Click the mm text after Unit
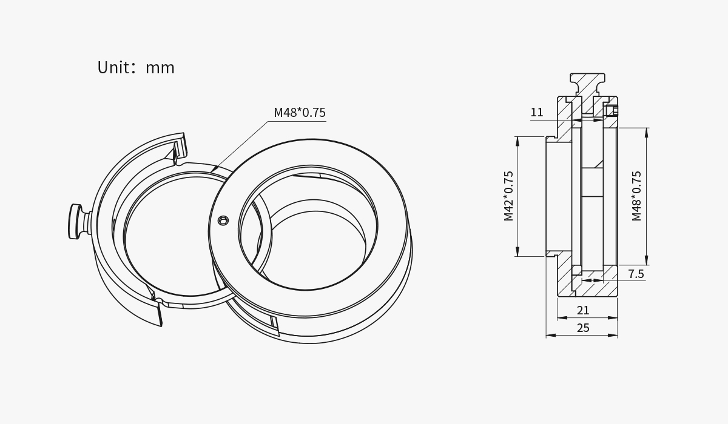(160, 68)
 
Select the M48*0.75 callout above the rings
(300, 113)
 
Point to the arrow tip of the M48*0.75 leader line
(212, 171)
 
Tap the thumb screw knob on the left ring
(75, 221)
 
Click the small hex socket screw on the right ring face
(223, 220)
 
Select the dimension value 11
(537, 113)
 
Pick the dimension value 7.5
(636, 274)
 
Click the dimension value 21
(583, 311)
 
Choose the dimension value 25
(583, 328)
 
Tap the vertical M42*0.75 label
(508, 196)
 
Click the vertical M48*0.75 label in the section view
(636, 196)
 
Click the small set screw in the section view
(611, 111)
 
